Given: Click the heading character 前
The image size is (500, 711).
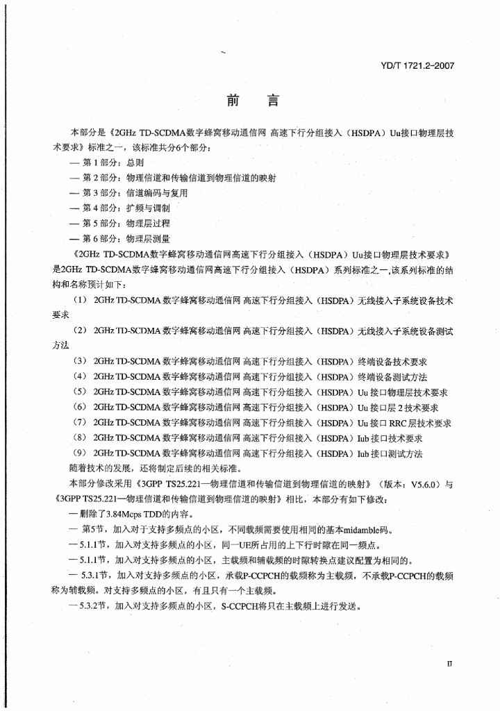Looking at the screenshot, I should [x=232, y=101].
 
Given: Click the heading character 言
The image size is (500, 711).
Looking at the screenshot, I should [x=273, y=101].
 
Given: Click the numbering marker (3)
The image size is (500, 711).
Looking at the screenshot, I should [x=79, y=362].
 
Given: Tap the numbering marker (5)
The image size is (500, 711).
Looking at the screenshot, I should [x=79, y=392].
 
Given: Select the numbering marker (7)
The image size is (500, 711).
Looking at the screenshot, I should [x=79, y=423].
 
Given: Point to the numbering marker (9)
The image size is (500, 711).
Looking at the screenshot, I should [x=79, y=453].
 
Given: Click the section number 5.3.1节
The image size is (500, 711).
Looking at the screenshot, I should [x=93, y=576].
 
